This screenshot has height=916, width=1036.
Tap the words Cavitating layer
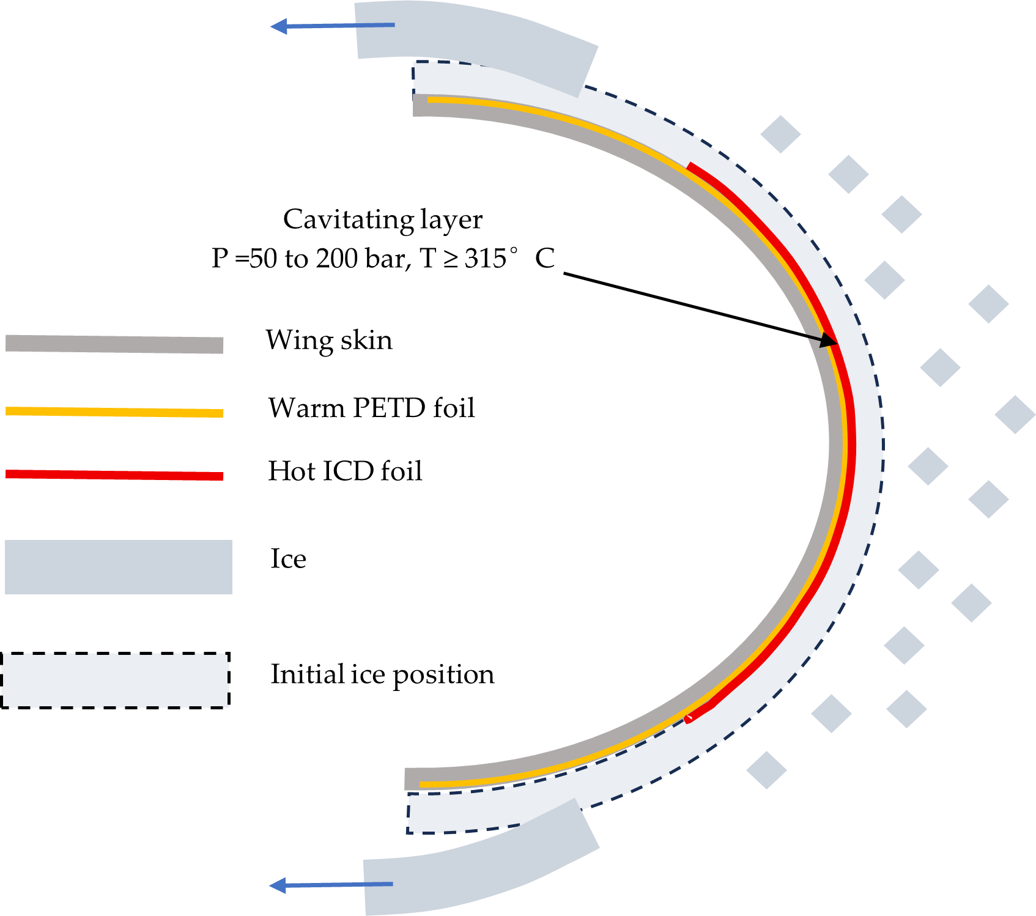(x=383, y=220)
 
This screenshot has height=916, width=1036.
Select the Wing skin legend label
(x=329, y=340)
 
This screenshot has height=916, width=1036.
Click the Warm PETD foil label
(x=371, y=408)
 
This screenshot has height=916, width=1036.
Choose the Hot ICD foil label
(x=345, y=471)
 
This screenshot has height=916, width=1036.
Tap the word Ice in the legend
(x=288, y=559)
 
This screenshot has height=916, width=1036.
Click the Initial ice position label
(x=382, y=674)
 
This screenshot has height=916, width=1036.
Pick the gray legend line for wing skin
(x=114, y=344)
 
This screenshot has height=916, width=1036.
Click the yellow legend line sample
(x=114, y=412)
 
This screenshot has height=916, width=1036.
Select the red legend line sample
(x=114, y=475)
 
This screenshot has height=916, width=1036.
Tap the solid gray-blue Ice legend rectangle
(x=118, y=567)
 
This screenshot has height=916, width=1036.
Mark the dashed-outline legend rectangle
(x=115, y=681)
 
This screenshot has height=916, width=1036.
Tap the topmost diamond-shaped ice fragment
(x=780, y=134)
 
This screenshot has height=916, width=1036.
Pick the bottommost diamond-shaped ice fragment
(x=766, y=770)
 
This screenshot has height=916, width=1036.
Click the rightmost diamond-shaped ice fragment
(x=1015, y=415)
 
